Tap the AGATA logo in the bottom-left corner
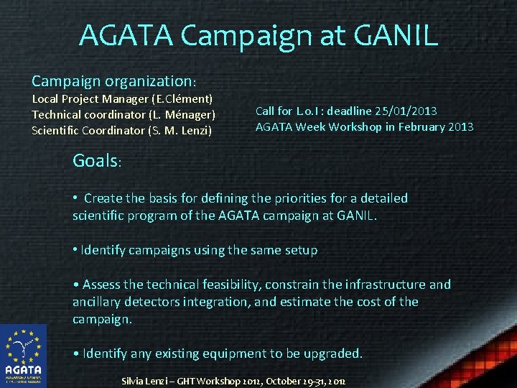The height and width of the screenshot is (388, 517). coord(24,356)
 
